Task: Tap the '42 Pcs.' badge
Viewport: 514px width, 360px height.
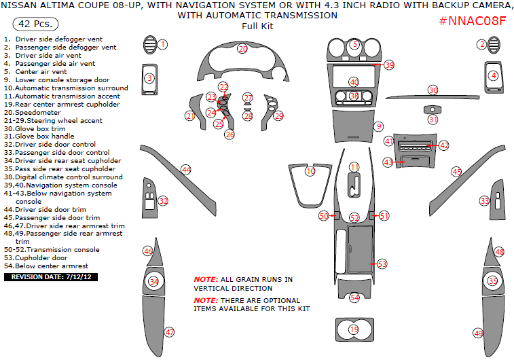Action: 30,24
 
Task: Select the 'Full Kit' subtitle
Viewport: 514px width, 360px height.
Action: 257,26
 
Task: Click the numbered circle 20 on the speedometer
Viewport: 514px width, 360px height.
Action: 242,49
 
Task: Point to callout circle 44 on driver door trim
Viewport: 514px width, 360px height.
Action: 186,169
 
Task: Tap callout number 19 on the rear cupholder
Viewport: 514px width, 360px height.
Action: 354,329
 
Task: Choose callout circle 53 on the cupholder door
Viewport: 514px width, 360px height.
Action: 382,264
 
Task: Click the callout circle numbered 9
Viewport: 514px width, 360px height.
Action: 379,126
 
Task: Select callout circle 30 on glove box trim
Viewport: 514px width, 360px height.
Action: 433,90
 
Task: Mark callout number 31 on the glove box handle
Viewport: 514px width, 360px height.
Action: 433,119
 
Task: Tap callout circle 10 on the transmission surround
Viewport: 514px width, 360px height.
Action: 310,171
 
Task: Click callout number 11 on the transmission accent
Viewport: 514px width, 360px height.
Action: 354,167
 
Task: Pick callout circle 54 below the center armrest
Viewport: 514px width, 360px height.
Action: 354,298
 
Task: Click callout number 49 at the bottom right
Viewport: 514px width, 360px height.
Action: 479,334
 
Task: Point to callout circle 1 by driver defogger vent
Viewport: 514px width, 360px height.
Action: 163,45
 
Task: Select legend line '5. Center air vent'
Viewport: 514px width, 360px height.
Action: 35,71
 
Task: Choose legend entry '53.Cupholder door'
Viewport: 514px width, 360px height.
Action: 40,258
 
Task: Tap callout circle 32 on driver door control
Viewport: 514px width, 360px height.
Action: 163,201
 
